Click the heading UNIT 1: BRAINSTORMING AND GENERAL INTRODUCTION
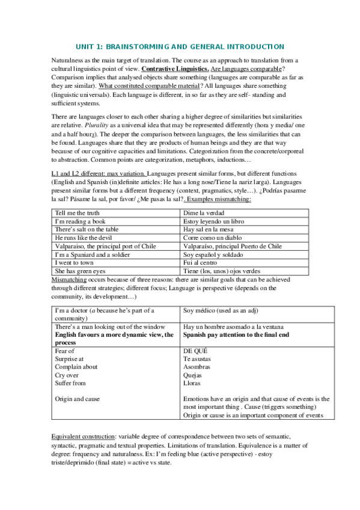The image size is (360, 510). click(x=180, y=46)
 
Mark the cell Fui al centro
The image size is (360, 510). click(x=200, y=263)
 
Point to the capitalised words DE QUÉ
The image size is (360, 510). click(x=195, y=351)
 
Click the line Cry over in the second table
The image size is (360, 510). click(x=67, y=375)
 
